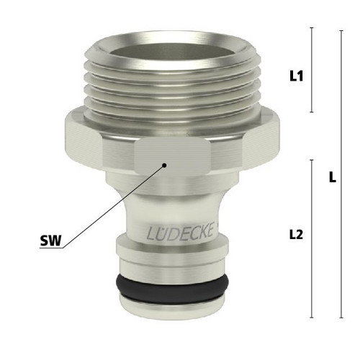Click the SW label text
[50, 240]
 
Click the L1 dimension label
[297, 76]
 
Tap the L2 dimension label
[296, 235]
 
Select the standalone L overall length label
[332, 178]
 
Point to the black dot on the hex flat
[164, 165]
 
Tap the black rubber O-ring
[172, 289]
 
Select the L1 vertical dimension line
[312, 70]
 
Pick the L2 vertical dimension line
[312, 239]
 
